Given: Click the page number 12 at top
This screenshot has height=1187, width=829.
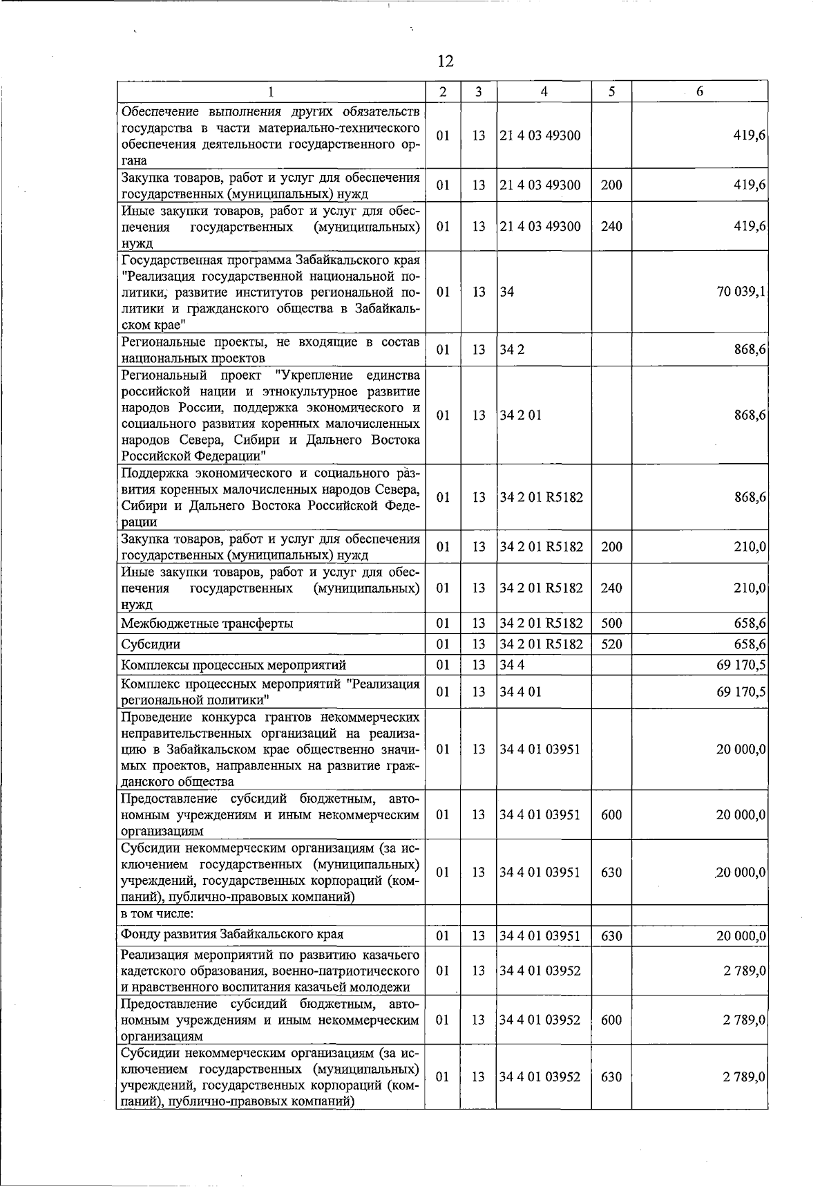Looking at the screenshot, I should tap(446, 62).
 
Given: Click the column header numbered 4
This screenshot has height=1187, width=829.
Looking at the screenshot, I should tap(544, 92).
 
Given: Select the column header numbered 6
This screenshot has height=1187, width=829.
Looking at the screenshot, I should tap(699, 92).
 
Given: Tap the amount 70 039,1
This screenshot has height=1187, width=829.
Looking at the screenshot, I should tap(741, 292).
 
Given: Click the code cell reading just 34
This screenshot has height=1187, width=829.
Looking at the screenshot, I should tap(508, 292).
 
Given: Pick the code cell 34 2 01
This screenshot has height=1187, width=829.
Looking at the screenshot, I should tap(521, 415).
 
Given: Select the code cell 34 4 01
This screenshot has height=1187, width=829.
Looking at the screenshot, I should tap(521, 692).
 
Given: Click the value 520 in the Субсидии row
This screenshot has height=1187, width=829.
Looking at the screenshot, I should tap(611, 644).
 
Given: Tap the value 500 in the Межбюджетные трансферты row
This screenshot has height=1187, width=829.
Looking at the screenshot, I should tap(611, 624).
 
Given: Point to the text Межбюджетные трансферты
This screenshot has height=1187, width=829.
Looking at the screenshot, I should tap(207, 624).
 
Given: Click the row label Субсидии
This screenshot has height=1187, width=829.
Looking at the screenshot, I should tap(151, 644).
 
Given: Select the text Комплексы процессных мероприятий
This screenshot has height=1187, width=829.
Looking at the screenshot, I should tap(234, 665).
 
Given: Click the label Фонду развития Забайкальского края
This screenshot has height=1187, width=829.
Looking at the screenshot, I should tap(232, 935).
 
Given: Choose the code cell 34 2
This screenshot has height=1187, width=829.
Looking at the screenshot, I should tap(513, 350).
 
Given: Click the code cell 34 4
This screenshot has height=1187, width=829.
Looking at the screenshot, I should tap(513, 665).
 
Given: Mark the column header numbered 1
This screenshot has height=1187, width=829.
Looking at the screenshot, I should tap(271, 92).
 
